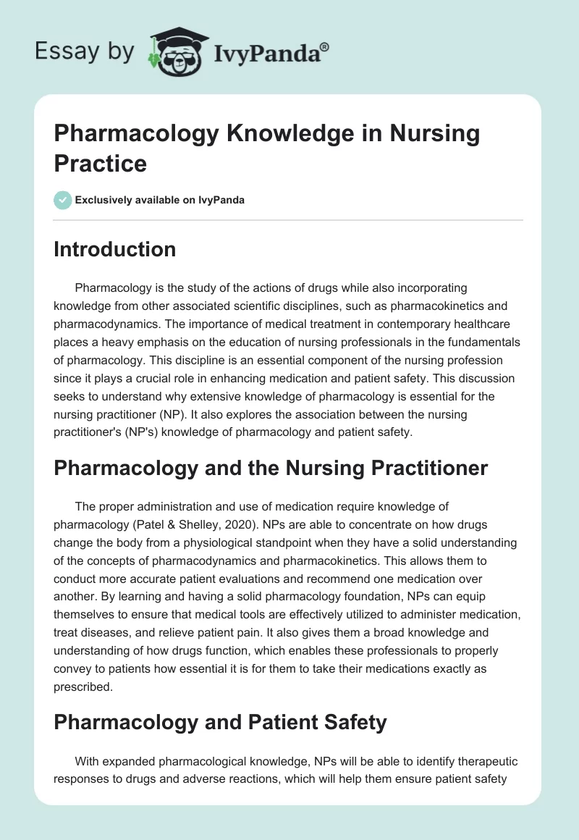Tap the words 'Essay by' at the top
(85, 51)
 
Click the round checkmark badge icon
(63, 200)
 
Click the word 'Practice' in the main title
(101, 163)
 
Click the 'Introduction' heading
(115, 249)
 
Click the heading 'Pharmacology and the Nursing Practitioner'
(271, 469)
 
